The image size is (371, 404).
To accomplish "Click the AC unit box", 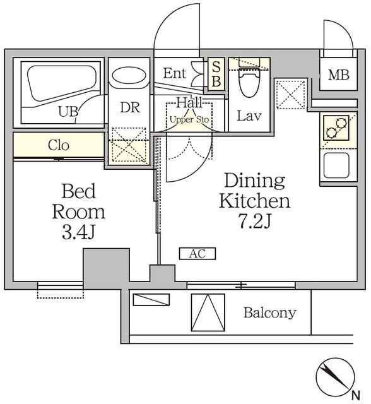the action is pos(197,254).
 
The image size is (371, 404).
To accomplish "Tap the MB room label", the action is pos(339,75).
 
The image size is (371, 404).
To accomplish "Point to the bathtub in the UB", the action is pos(62,83).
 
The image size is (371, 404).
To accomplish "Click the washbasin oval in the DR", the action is pos(129,76).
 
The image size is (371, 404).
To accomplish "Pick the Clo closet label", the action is pos(59,145).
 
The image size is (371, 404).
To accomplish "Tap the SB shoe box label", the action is pos(216,74).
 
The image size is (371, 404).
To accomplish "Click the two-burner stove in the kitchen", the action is pos(336,128).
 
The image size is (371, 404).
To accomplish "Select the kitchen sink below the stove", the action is pos(336,165).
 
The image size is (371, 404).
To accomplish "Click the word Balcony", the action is pos(270,313).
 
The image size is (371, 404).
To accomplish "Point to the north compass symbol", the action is pos(335,376).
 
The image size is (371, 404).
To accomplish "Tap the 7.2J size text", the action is pos(255,222).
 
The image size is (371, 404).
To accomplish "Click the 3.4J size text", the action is pos(79,232).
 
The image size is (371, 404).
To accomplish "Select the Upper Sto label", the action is pos(189,119).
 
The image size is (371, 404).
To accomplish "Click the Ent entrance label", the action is pos(175,73).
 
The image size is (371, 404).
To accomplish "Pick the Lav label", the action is pos(249,116).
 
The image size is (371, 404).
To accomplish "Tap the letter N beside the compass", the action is pos(356,395).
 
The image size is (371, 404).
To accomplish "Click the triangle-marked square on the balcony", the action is pos(208,312).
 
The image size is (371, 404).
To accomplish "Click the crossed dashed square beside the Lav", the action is pos(290,95).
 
